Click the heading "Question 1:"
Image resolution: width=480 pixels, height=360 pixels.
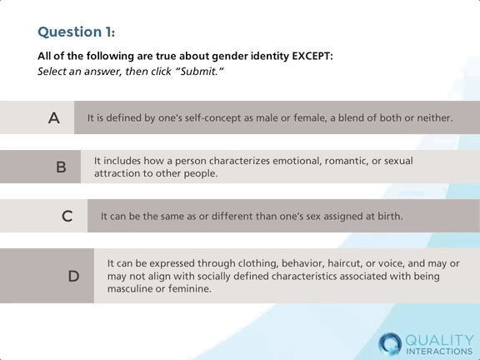coord(76,32)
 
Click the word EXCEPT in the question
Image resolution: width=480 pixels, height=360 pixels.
coord(309,56)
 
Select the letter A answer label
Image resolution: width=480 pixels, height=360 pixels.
coord(53,118)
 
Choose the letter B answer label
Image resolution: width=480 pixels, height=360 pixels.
coord(61,167)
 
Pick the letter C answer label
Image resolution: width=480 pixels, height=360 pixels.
coord(67,216)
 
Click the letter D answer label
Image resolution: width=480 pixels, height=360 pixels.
coord(73,276)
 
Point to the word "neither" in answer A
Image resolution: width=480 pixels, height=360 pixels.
coord(432,118)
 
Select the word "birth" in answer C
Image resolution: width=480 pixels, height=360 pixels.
coord(387,216)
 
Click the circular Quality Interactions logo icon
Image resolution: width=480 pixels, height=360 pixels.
coord(389,342)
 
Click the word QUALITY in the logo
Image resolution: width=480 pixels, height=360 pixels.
coord(438,338)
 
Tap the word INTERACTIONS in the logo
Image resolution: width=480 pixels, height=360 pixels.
coord(438,351)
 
